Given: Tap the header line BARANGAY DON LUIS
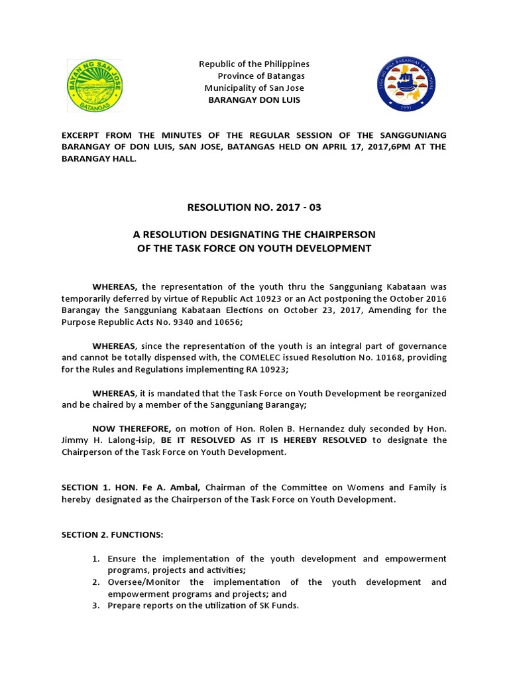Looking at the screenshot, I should (254, 99).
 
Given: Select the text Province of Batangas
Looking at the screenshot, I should (256, 76).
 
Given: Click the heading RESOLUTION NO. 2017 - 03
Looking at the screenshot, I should (255, 208).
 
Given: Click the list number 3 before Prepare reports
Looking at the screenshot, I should (96, 606).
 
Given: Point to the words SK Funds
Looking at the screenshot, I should (278, 606).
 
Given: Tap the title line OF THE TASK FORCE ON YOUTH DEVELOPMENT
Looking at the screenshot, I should (254, 249).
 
